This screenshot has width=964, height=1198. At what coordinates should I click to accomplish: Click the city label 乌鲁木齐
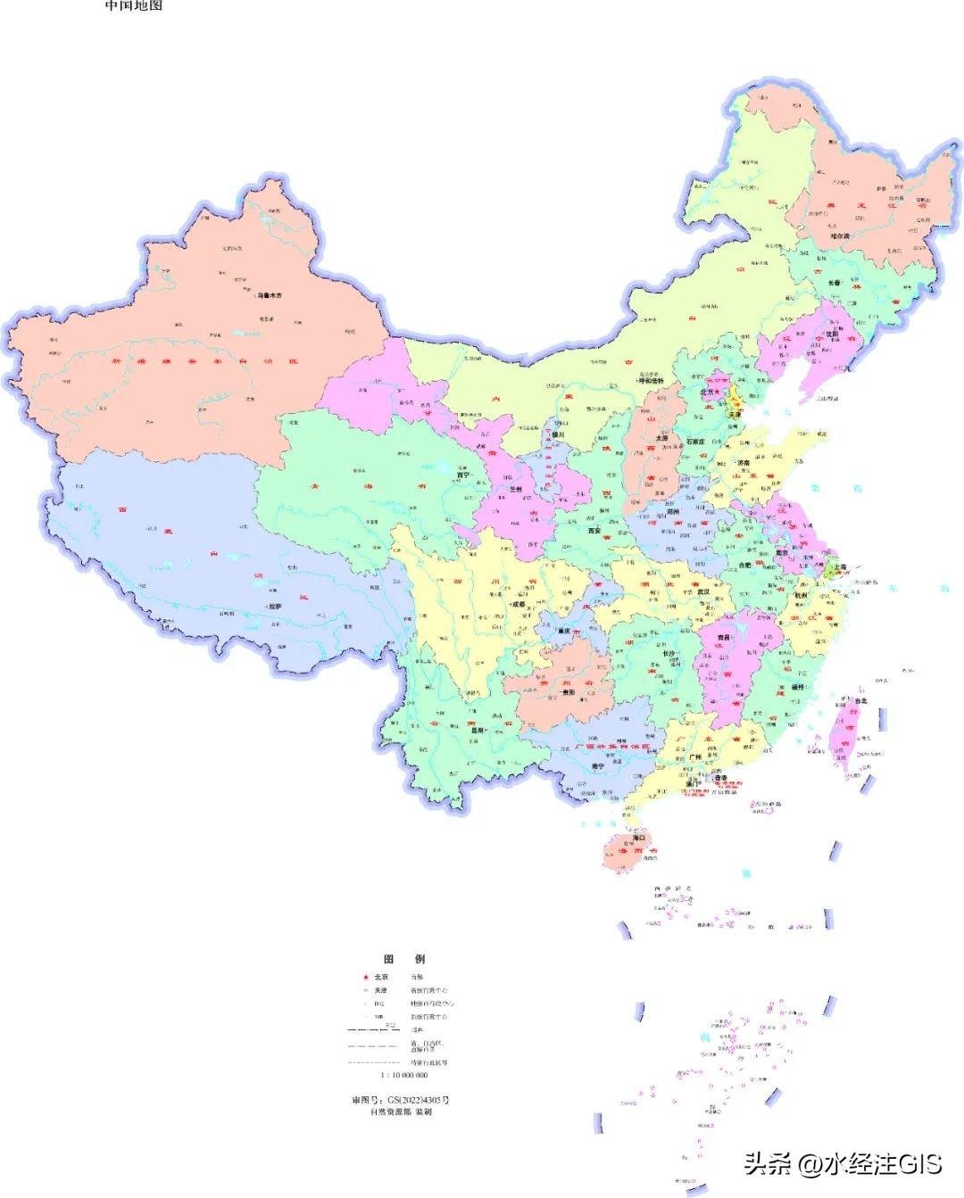(x=270, y=295)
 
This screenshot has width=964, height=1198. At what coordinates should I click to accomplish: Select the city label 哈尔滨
(x=836, y=236)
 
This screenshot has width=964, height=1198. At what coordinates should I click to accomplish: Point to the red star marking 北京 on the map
(x=717, y=392)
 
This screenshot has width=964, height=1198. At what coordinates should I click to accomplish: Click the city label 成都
(x=518, y=604)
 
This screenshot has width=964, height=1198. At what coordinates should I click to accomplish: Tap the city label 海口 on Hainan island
(x=639, y=839)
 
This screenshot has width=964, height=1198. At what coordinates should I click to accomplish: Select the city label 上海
(x=843, y=566)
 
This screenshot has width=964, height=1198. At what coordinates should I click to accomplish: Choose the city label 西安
(x=594, y=530)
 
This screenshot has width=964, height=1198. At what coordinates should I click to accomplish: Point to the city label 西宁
(x=463, y=475)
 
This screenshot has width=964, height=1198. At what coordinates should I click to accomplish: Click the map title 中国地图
(x=134, y=5)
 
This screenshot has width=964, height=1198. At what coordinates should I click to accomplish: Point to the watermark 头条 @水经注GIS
(x=843, y=1163)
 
